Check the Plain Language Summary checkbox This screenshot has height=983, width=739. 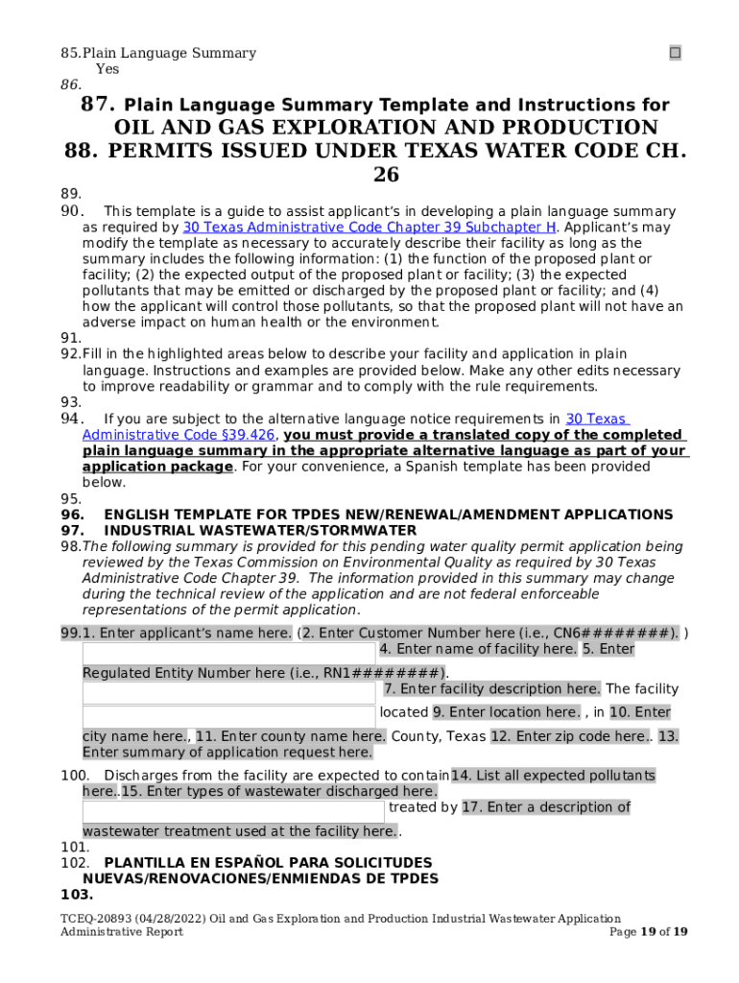pos(675,53)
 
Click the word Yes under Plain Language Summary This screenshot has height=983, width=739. pos(107,69)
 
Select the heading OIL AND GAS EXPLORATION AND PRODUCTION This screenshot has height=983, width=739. pos(386,128)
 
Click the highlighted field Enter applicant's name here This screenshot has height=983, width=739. pos(187,633)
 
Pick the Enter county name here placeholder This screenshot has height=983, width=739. pos(291,736)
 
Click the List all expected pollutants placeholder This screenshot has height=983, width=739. pos(553,775)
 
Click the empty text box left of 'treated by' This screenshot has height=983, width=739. pos(232,811)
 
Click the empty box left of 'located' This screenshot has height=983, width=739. pos(228,715)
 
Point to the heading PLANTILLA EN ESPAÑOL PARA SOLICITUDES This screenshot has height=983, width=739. pos(268,862)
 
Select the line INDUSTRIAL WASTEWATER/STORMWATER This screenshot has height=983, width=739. pos(259,530)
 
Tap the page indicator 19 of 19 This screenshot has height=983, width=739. pos(661,932)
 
